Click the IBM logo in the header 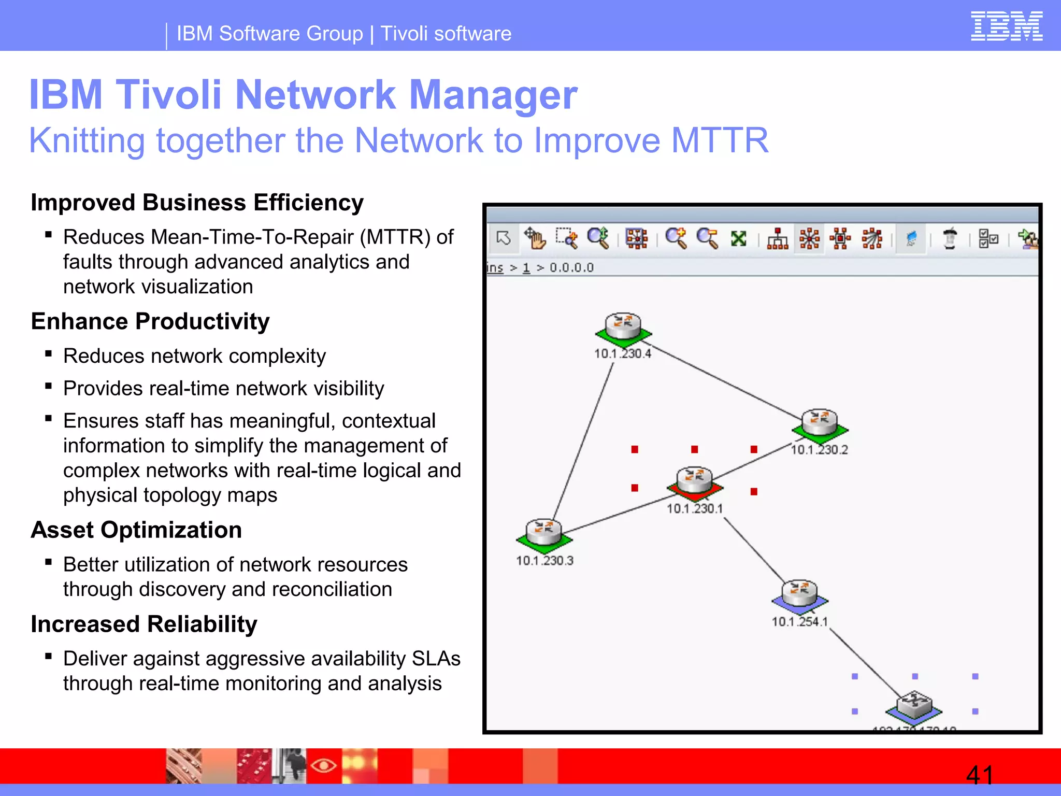tap(1006, 26)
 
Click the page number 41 tap(980, 775)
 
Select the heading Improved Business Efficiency tap(197, 203)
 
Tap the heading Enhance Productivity tap(150, 321)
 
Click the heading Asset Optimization tap(136, 530)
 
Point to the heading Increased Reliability tap(144, 624)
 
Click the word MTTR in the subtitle tap(720, 140)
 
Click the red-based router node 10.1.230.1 tap(695, 482)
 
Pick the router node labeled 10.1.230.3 tap(544, 534)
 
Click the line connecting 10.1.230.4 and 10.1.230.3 tap(583, 440)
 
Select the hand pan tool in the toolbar tap(535, 238)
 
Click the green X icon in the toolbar tap(738, 238)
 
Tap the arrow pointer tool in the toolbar tap(503, 238)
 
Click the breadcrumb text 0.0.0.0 tap(571, 268)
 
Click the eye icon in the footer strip tap(324, 765)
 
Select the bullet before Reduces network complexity tap(49, 354)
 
